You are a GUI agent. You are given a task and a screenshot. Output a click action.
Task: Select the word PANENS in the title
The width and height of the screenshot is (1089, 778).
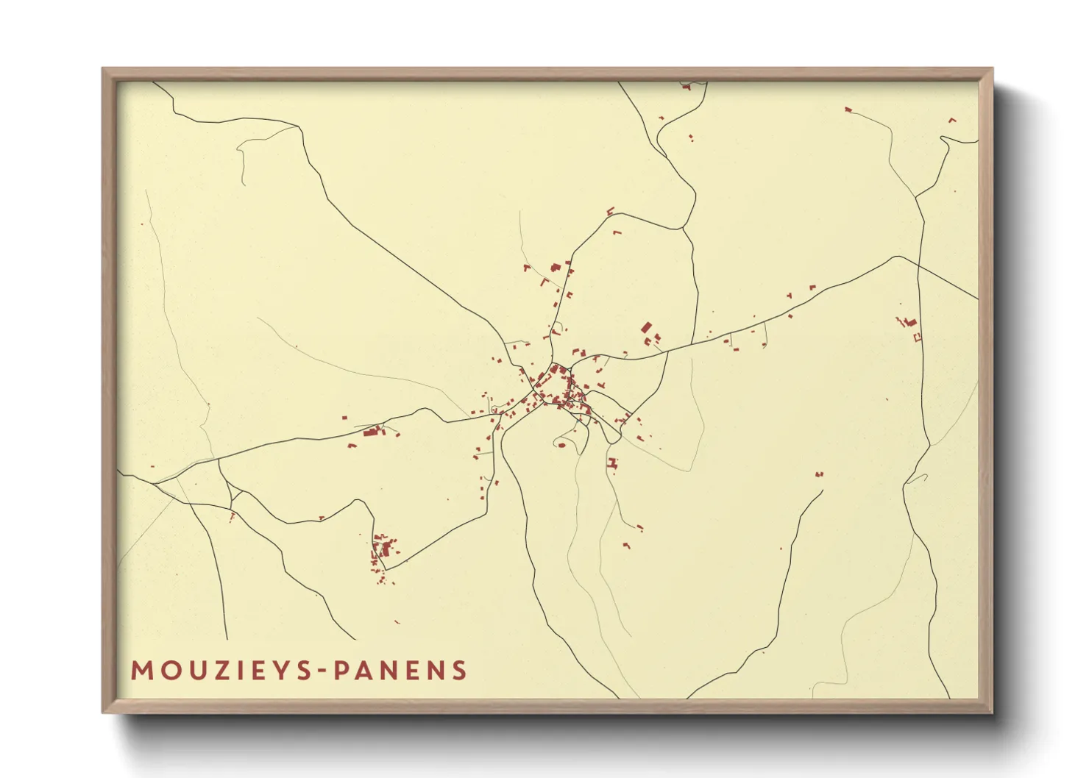pos(400,671)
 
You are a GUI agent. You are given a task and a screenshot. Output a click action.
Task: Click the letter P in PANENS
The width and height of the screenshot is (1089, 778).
pos(341,671)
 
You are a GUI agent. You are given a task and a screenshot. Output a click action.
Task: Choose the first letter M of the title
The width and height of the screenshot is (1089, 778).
pos(141,671)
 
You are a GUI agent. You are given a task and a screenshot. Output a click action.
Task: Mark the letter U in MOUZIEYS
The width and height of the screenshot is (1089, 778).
pos(191,671)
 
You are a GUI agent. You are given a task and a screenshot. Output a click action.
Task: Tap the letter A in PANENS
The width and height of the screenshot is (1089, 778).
pos(363,671)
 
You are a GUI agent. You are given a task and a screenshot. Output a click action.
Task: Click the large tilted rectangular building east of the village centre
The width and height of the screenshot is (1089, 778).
pos(647,327)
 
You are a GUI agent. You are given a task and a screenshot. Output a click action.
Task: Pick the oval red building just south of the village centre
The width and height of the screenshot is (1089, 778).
pos(562,444)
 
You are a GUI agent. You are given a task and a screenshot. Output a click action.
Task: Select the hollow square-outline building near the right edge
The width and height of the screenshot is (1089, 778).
pos(917,337)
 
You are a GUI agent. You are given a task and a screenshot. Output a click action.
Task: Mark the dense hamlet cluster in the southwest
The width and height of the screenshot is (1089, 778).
pos(383,549)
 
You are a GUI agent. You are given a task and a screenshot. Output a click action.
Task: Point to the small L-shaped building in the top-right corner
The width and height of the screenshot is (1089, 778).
pos(953,120)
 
